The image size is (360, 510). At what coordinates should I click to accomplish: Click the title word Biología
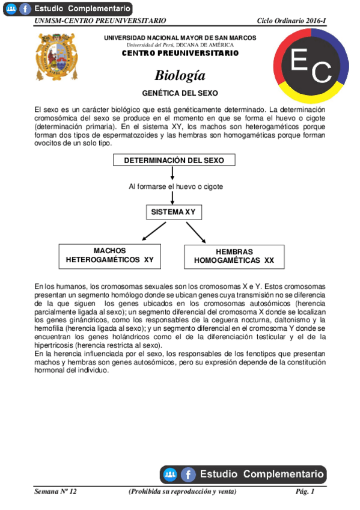point(180,76)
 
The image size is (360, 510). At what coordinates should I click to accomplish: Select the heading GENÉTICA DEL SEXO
point(180,94)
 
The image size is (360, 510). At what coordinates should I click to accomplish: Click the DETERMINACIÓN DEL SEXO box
point(174,160)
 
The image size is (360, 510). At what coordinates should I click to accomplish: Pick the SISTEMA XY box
point(174,212)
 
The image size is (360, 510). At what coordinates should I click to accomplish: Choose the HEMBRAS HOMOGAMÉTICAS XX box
point(234,256)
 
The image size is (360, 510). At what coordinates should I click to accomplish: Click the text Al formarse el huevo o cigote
point(175,186)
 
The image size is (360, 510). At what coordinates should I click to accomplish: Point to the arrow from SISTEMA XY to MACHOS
point(153,232)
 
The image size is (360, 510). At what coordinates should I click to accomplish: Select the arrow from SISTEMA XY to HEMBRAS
point(196,232)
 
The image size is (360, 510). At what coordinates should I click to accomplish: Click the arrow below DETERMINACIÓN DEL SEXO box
point(173,173)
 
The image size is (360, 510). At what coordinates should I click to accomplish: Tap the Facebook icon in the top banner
point(25,9)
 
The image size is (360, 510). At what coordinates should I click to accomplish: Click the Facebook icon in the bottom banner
point(188,475)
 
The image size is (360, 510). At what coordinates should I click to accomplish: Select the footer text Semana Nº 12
point(56,492)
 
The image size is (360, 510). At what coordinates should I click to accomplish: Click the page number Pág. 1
point(305,492)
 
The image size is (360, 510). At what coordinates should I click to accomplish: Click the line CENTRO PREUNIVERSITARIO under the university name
point(180,53)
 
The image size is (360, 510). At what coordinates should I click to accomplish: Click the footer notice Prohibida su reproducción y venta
point(183,492)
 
